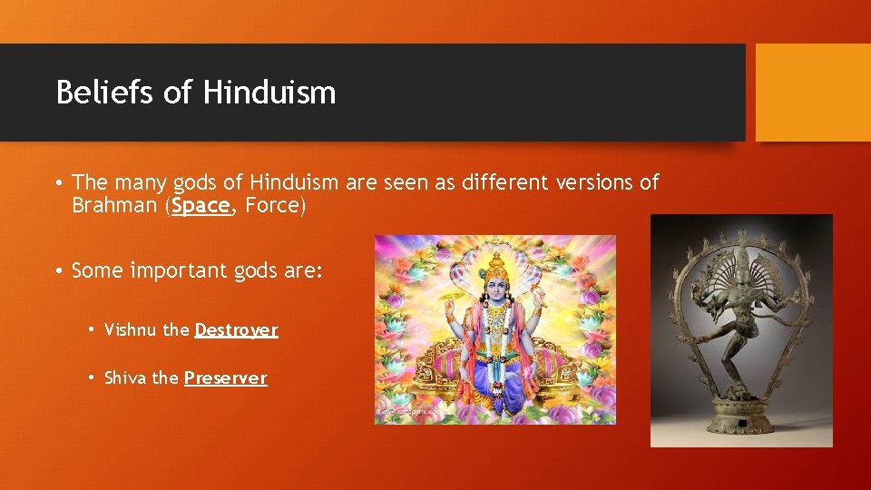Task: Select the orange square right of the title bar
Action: click(812, 93)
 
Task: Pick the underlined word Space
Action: click(201, 206)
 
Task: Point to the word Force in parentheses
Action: click(272, 206)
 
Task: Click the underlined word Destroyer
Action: click(236, 330)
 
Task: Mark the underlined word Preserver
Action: click(226, 378)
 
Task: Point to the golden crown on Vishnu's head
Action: click(496, 263)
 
